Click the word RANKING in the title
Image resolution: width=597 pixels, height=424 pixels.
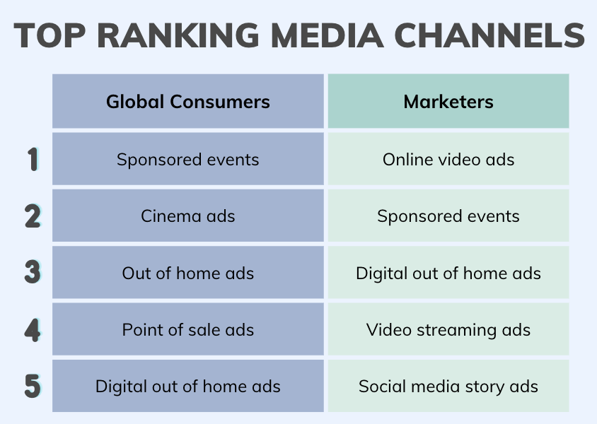tap(178, 35)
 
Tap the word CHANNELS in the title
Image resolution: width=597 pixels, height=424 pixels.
tap(489, 35)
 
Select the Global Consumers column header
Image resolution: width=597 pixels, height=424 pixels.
tap(188, 101)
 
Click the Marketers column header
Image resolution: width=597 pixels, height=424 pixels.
tap(448, 101)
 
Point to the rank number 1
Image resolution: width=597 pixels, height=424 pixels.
tap(33, 159)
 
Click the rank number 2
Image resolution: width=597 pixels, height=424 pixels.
tap(33, 216)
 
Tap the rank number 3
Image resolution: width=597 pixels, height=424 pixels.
tap(33, 272)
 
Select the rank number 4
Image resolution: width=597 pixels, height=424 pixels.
tap(33, 329)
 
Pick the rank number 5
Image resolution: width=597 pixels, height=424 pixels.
tap(33, 386)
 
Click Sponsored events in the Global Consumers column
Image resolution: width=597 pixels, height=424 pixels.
tap(188, 159)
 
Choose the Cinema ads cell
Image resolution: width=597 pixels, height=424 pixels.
tap(188, 216)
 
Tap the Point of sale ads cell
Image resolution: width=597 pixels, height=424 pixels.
tap(188, 329)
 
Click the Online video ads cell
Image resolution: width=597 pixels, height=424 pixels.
tap(448, 159)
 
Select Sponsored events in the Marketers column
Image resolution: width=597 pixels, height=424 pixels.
tap(448, 216)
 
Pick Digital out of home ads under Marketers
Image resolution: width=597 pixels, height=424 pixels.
tap(448, 272)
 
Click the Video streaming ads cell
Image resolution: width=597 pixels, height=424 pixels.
tap(448, 329)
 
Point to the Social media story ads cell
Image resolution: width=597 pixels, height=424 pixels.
tap(448, 386)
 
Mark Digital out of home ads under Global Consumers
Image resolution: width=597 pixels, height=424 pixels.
tap(188, 386)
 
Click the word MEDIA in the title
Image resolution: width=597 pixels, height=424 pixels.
tap(327, 35)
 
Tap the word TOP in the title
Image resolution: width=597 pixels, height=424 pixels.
tap(50, 35)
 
